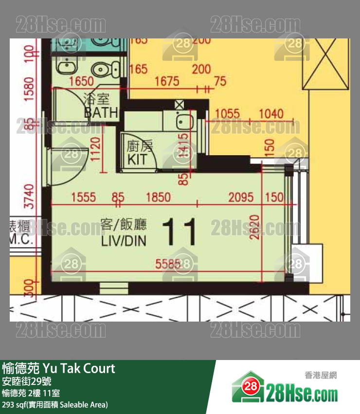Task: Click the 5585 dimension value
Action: pyautogui.click(x=168, y=264)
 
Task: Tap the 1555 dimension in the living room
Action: pyautogui.click(x=83, y=197)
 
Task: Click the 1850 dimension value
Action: pyautogui.click(x=158, y=197)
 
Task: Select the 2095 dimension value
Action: pyautogui.click(x=241, y=197)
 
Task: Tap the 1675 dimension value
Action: pyautogui.click(x=167, y=82)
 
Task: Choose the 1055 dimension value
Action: pyautogui.click(x=227, y=114)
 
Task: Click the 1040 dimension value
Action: pyautogui.click(x=270, y=114)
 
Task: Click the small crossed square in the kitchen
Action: pyautogui.click(x=179, y=104)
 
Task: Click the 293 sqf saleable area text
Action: pyautogui.click(x=55, y=404)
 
